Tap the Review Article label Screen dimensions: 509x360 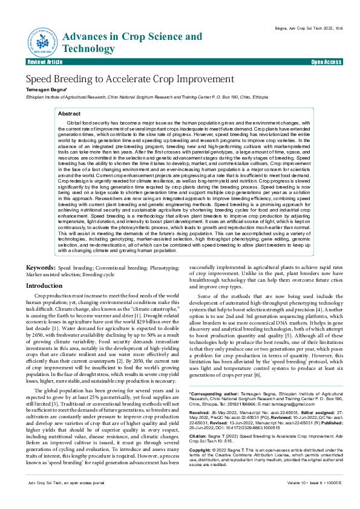pos(45,62)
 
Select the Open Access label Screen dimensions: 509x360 pos(326,62)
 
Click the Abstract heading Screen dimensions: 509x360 pos(69,113)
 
